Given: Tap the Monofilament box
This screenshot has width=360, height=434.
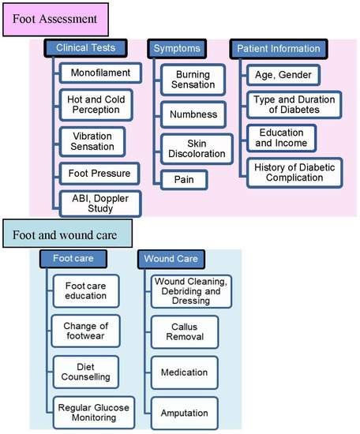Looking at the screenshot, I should tap(100, 73).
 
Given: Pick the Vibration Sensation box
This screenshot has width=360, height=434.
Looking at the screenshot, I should tap(100, 140).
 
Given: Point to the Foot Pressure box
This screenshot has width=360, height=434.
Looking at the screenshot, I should tap(100, 172).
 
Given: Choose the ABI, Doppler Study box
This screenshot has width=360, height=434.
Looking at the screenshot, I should tap(100, 202).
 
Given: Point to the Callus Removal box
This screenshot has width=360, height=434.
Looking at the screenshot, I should tap(182, 331).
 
